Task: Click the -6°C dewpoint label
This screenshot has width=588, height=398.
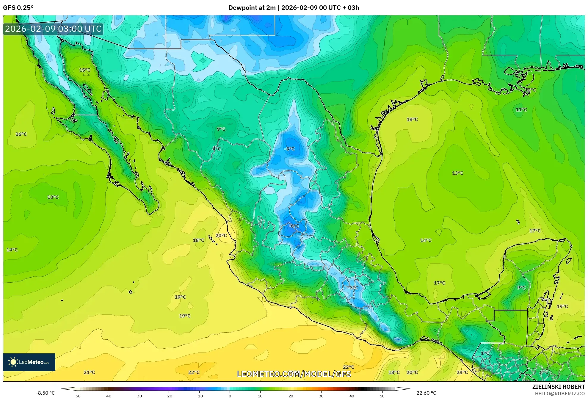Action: click(294, 226)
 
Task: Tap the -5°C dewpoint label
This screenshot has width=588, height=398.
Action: click(289, 149)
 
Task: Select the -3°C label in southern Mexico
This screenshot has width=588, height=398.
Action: click(353, 288)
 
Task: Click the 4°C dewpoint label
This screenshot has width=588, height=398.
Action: click(217, 149)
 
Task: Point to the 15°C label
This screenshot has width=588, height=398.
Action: click(85, 70)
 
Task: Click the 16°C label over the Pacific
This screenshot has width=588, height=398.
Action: click(21, 134)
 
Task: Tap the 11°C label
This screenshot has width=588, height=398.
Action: click(521, 110)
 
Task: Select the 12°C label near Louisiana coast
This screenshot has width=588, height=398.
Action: click(530, 90)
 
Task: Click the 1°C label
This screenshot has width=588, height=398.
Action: click(485, 353)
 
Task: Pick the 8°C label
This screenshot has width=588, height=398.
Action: click(544, 372)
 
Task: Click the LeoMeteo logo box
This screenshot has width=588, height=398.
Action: click(29, 362)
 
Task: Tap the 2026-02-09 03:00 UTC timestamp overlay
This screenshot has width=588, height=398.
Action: click(53, 29)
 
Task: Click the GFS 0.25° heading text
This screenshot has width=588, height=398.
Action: click(18, 8)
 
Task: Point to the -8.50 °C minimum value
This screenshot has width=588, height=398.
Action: click(46, 393)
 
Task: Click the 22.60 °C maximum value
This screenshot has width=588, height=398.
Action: click(426, 393)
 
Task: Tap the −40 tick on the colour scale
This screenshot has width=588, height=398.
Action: click(108, 396)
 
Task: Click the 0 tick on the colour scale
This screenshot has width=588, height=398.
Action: click(230, 396)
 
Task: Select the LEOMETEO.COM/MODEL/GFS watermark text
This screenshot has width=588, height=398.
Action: click(294, 374)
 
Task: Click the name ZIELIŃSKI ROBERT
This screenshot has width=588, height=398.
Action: click(558, 387)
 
